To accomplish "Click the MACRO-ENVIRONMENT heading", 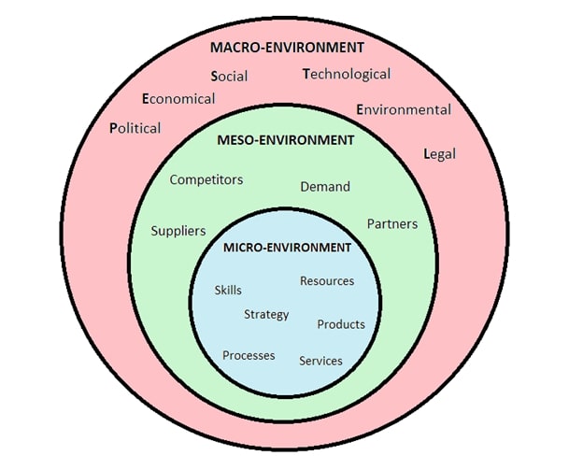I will tap(287, 46).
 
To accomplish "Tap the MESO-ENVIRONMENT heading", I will tap(286, 140).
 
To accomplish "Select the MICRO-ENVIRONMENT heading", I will tap(288, 248).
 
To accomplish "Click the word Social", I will tap(230, 77).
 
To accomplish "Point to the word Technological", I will tap(347, 74).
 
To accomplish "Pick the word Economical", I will tap(178, 98).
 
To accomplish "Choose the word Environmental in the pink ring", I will tap(404, 109).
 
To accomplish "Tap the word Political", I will tap(135, 128).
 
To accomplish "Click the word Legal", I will tap(439, 154).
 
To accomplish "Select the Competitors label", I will tap(206, 179).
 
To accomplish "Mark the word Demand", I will tap(325, 187).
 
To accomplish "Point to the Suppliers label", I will tap(178, 231).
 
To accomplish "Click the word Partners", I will tap(391, 224).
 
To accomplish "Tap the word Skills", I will tap(228, 290).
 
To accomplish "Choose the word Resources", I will tap(327, 280).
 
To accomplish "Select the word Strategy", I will tap(266, 314).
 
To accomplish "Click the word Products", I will tap(341, 324).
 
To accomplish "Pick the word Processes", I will tap(249, 355).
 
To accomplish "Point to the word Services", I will tap(320, 361).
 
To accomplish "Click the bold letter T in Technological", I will tap(306, 74).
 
